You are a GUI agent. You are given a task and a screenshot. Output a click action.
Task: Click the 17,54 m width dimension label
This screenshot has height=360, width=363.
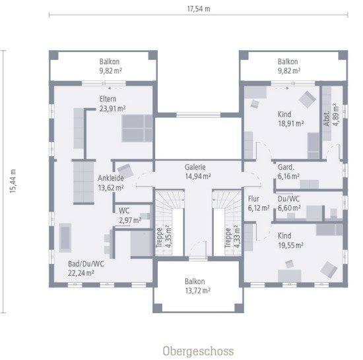(198, 9)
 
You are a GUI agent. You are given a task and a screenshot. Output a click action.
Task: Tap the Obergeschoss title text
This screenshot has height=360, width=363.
(198, 350)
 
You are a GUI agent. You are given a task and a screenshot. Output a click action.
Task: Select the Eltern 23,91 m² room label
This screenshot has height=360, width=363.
(112, 104)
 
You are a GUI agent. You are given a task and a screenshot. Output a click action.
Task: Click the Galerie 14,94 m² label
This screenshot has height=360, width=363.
(198, 171)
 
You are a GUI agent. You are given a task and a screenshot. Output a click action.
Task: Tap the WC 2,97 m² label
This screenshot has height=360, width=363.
(126, 215)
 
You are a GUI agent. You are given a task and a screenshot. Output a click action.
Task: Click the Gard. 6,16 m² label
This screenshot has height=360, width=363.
(288, 171)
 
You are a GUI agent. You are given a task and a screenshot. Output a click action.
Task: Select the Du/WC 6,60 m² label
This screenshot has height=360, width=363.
(288, 202)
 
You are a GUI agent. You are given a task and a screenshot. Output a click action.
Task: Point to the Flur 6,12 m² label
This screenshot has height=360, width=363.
(258, 202)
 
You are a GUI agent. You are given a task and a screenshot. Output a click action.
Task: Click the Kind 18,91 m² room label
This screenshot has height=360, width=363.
(290, 118)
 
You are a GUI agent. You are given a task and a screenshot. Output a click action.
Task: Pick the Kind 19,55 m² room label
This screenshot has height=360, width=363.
(290, 240)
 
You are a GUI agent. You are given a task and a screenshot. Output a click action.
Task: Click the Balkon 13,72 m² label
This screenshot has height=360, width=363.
(197, 285)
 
